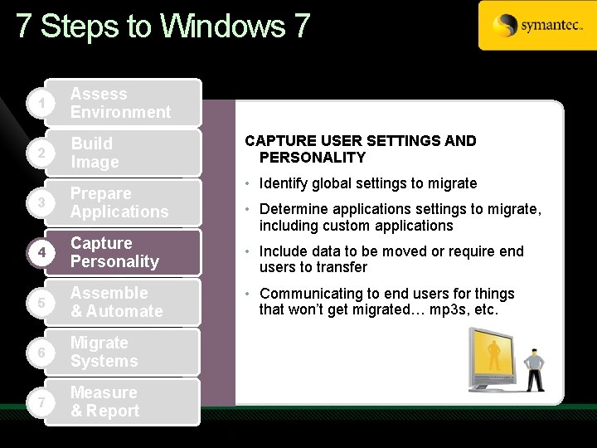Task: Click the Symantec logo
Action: [536, 26]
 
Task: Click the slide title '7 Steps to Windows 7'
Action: [163, 27]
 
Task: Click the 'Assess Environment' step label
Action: [120, 103]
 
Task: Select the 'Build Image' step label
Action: [95, 153]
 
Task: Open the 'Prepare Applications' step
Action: [119, 202]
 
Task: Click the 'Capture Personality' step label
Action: [114, 252]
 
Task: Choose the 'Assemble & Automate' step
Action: [116, 302]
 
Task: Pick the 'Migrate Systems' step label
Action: [104, 352]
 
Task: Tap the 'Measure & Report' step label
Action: [104, 402]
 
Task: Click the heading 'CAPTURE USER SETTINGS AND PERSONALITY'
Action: [361, 149]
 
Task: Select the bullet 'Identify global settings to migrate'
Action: [368, 183]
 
